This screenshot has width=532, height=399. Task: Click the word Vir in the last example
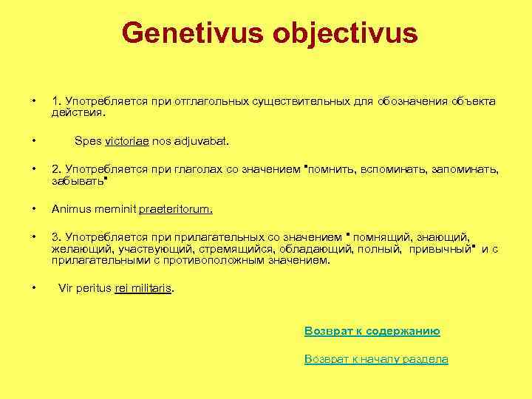pyautogui.click(x=66, y=289)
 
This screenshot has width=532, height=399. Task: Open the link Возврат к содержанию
pyautogui.click(x=372, y=331)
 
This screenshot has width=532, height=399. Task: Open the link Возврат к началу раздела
pyautogui.click(x=376, y=358)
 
